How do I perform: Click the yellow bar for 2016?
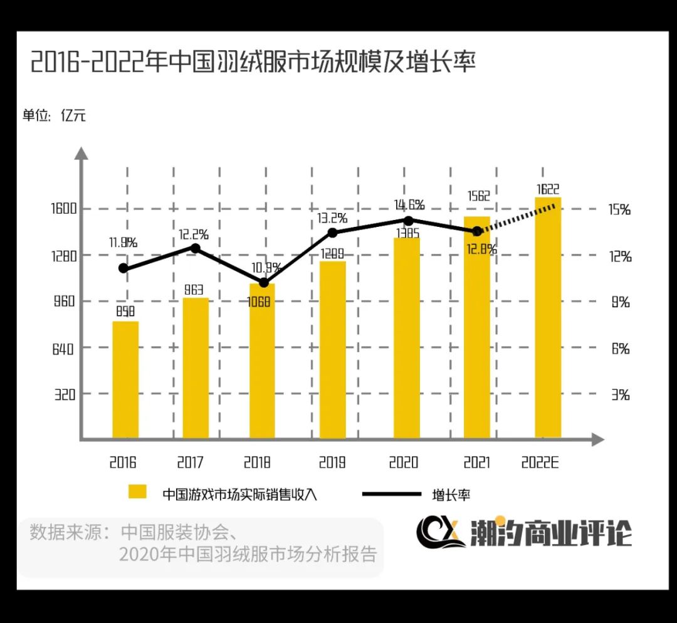pos(125,379)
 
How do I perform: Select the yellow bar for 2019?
pos(332,350)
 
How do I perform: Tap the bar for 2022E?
pos(547,317)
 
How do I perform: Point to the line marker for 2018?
pos(264,283)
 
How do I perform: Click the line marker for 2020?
pos(408,221)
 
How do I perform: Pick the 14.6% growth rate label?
pos(408,204)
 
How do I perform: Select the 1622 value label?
pos(548,189)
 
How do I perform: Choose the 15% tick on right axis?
pos(620,210)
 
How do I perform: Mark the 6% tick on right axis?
pos(620,349)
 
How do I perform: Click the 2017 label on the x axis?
pos(190,463)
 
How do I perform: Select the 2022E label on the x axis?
pos(540,463)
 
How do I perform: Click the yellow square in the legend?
pos(137,492)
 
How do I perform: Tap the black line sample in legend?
pos(392,493)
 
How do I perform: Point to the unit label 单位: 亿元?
pos(55,116)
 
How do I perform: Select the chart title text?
pos(253,64)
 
